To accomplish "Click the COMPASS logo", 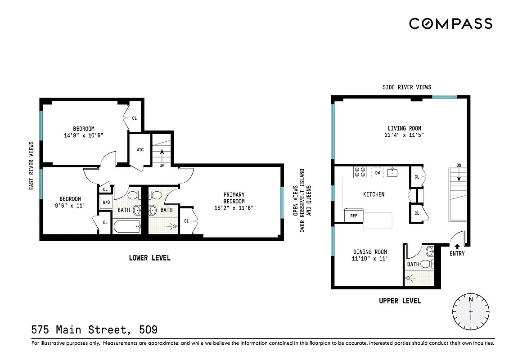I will tap(450, 23).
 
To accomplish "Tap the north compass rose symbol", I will tap(471, 311).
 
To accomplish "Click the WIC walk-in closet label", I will tap(140, 150).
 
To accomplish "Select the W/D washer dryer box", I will tap(106, 202).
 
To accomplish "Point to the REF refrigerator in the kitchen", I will tap(354, 216).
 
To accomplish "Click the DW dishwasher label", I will tap(378, 172).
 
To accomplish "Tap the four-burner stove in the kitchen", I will tap(360, 172).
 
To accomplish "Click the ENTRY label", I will tap(457, 254).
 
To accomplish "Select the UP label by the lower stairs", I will tap(162, 166).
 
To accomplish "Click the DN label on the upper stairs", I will tap(459, 165).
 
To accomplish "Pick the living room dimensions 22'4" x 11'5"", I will tap(398, 135).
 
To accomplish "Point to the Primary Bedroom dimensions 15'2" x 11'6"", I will tap(234, 208).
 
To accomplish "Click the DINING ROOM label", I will tap(369, 252).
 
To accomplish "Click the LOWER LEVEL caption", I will tap(149, 258).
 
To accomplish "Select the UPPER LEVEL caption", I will tap(400, 301).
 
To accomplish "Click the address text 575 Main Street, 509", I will tap(95, 330).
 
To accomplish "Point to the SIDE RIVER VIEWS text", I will tap(406, 87).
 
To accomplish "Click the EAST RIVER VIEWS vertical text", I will tap(32, 166).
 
